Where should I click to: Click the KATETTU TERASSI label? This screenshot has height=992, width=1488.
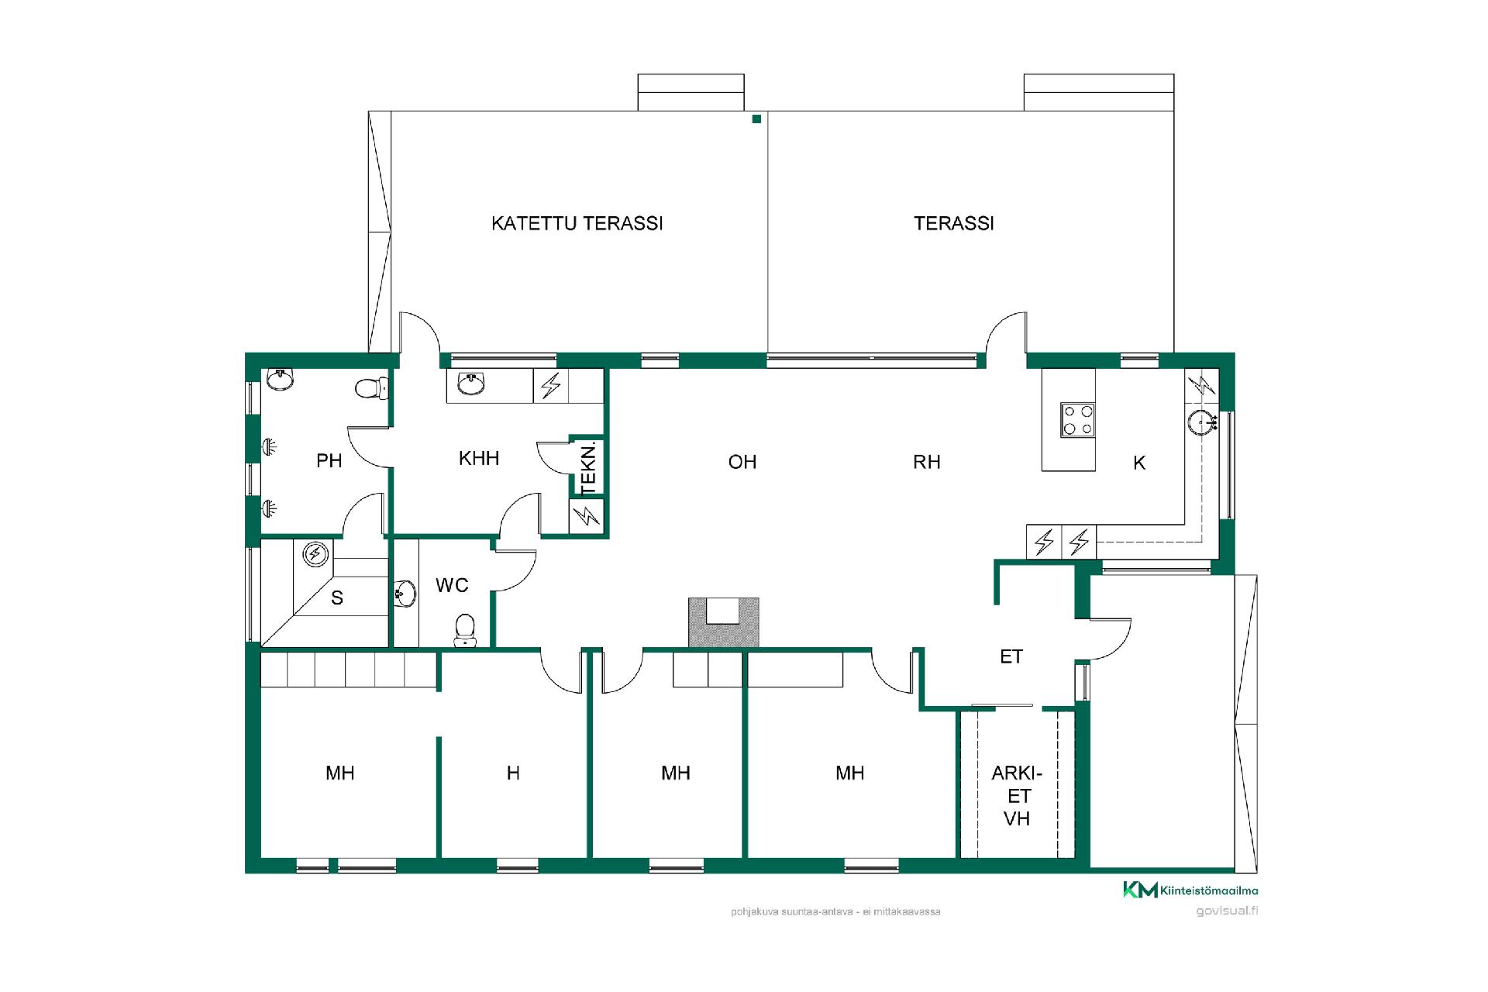pyautogui.click(x=577, y=223)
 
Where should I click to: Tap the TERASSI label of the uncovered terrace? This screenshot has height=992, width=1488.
pyautogui.click(x=953, y=223)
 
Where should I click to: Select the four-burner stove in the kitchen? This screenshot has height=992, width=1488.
pyautogui.click(x=1077, y=421)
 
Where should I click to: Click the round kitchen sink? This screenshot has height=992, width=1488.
pyautogui.click(x=1201, y=423)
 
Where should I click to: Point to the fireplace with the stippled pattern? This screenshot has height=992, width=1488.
pyautogui.click(x=724, y=622)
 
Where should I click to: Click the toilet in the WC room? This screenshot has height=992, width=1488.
pyautogui.click(x=465, y=629)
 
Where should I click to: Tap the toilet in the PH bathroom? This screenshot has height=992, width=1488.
pyautogui.click(x=371, y=387)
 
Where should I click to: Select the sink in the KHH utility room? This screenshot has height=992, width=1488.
pyautogui.click(x=471, y=384)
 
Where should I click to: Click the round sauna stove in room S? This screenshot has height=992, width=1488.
pyautogui.click(x=315, y=553)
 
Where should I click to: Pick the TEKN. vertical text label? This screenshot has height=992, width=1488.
pyautogui.click(x=589, y=468)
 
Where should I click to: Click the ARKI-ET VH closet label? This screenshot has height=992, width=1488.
pyautogui.click(x=1017, y=796)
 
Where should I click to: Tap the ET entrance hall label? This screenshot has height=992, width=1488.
pyautogui.click(x=1011, y=657)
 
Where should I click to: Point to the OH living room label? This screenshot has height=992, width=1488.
pyautogui.click(x=742, y=462)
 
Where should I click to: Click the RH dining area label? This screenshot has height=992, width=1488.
pyautogui.click(x=927, y=462)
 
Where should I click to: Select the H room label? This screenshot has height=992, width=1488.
pyautogui.click(x=513, y=773)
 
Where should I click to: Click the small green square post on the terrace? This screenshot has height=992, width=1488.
pyautogui.click(x=756, y=119)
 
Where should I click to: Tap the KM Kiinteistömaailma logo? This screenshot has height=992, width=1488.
pyautogui.click(x=1190, y=890)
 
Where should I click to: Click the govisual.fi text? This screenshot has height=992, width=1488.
pyautogui.click(x=1227, y=911)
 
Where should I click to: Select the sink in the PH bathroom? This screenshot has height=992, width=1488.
pyautogui.click(x=280, y=380)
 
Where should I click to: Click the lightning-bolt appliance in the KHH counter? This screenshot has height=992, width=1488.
pyautogui.click(x=551, y=385)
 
